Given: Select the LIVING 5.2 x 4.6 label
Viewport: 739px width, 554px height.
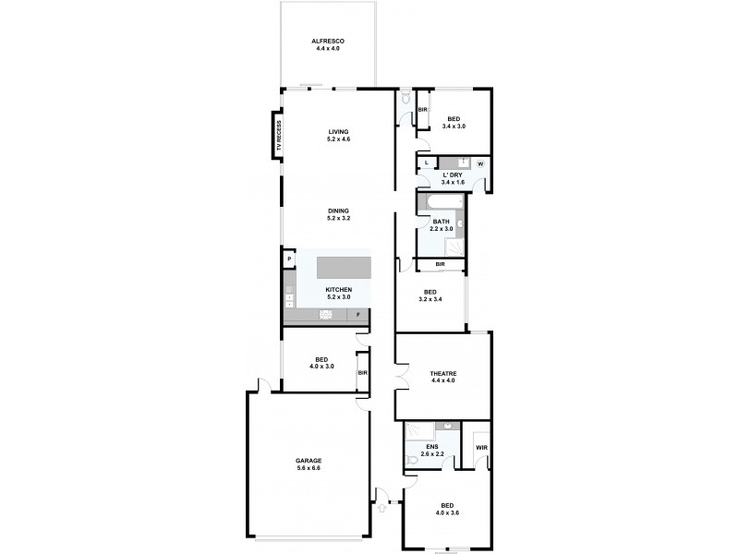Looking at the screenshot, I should [339, 136].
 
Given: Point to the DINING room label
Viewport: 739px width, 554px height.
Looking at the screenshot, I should [338, 214].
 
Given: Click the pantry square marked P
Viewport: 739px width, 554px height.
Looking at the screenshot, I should [288, 259].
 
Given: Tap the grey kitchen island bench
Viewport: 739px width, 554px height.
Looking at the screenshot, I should [344, 268].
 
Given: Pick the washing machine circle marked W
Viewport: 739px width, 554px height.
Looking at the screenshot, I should [481, 165].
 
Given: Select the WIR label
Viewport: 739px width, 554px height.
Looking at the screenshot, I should [480, 449].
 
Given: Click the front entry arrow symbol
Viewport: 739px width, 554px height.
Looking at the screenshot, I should [381, 505].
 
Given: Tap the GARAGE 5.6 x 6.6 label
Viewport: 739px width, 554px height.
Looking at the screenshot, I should [309, 464].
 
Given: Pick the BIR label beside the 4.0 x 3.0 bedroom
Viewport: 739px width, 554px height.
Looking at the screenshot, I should [362, 373].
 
